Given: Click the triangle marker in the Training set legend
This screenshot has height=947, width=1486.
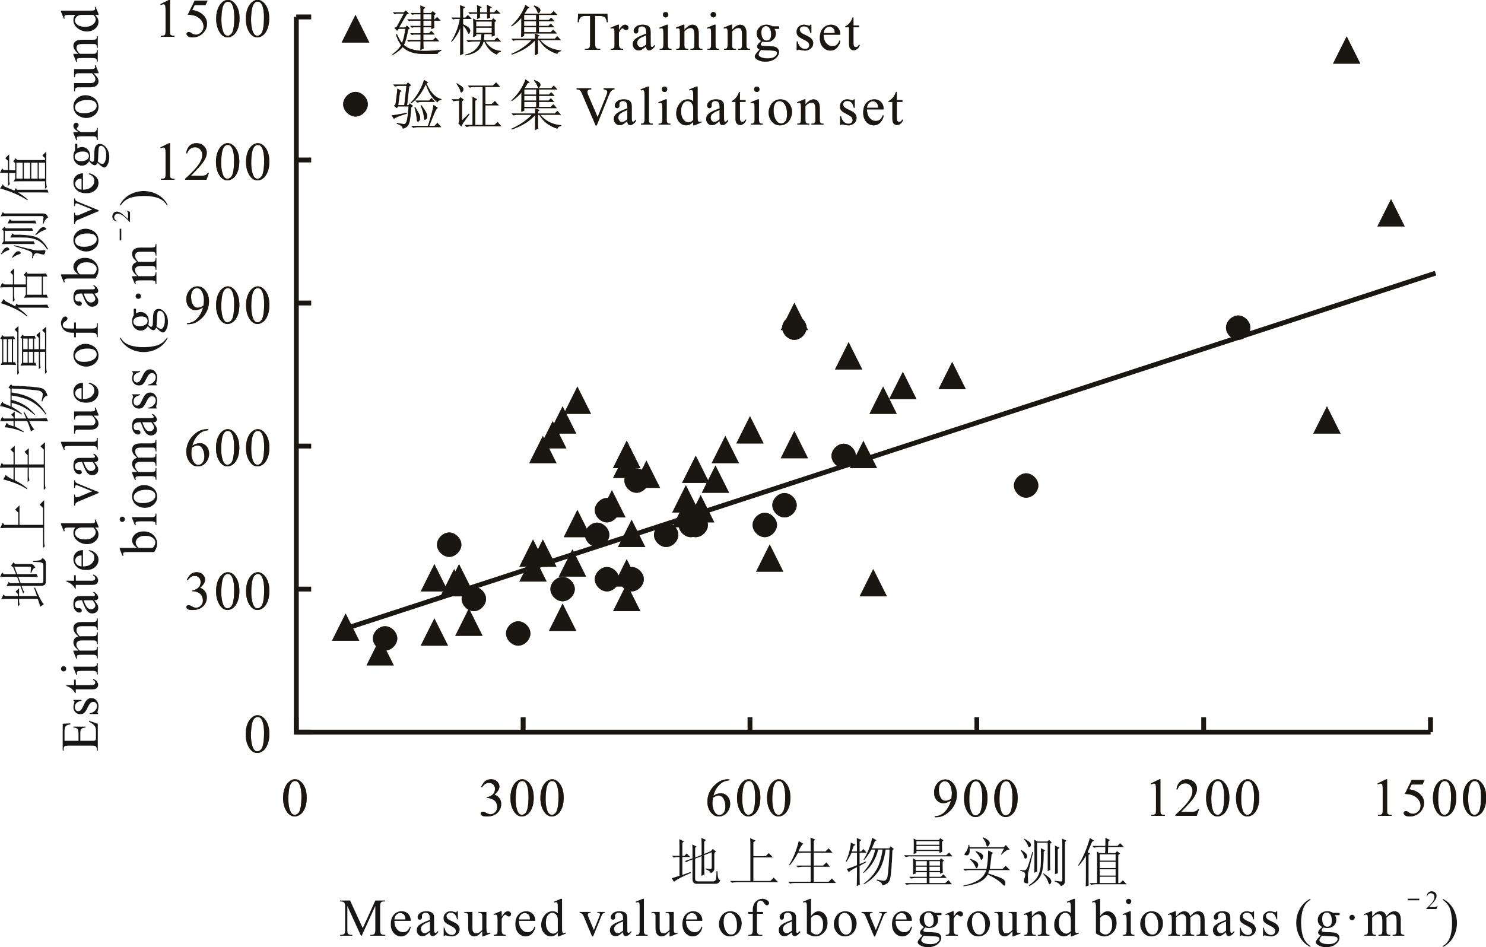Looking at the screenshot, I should (x=355, y=31).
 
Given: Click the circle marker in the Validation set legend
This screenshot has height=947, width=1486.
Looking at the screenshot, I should (x=355, y=105).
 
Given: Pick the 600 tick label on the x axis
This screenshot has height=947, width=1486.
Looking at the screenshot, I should (x=748, y=800).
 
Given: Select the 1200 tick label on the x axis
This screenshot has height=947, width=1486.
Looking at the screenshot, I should (x=1204, y=800).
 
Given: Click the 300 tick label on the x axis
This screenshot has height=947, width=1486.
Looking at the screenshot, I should (x=522, y=800).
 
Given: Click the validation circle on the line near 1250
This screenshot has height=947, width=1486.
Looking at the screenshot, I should (x=1238, y=328).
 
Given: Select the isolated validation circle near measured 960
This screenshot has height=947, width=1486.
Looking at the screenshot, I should (x=1025, y=485).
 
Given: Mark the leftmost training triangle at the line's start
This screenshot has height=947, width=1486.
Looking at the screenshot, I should (x=345, y=628).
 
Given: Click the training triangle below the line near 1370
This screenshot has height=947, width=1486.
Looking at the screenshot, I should (x=1327, y=422).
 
